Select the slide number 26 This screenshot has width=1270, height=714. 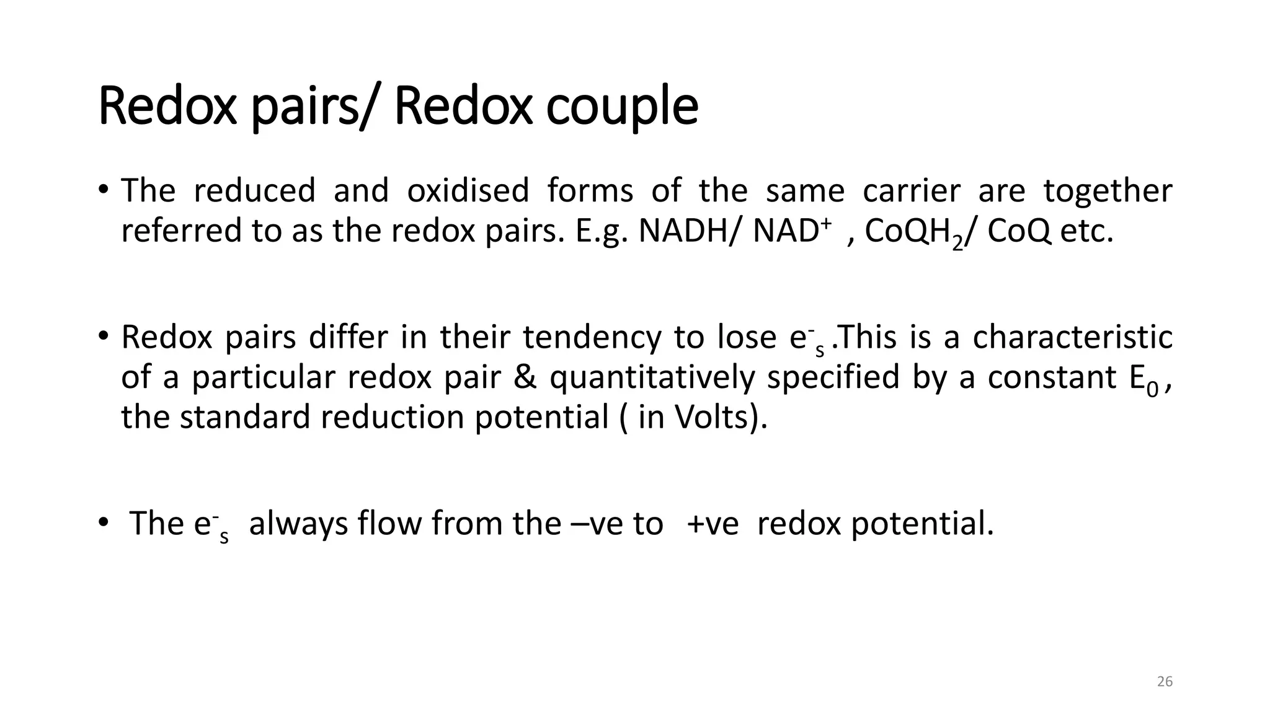click(x=1165, y=682)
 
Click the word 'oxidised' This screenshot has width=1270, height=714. click(x=468, y=190)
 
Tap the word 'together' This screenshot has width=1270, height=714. click(x=1108, y=190)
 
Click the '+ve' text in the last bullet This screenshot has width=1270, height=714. click(x=713, y=523)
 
